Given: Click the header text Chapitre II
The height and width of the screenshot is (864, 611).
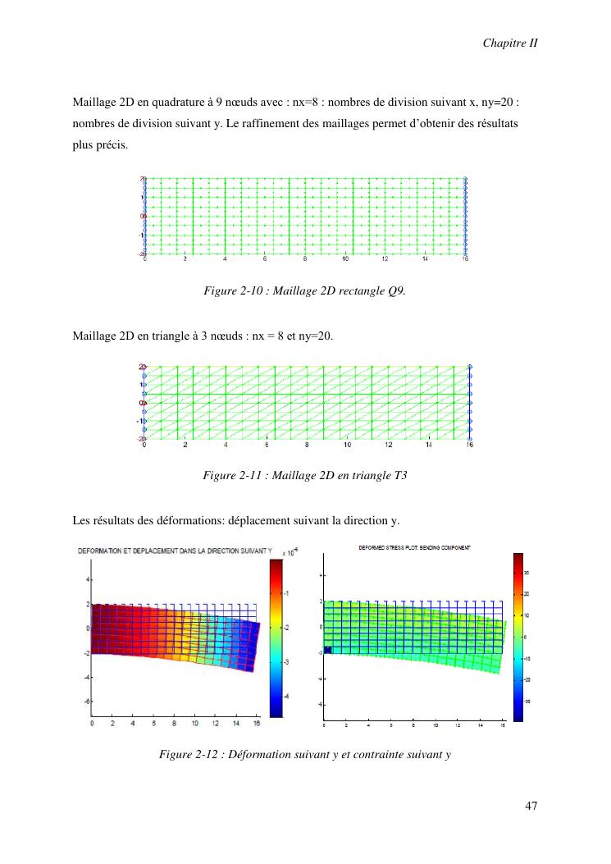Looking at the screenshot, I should pyautogui.click(x=509, y=43).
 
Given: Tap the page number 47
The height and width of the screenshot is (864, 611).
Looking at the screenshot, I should pyautogui.click(x=531, y=807).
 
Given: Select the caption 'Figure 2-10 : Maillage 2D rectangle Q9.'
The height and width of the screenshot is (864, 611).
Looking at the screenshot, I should pyautogui.click(x=304, y=290).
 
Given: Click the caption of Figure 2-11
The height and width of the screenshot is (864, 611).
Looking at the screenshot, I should pyautogui.click(x=304, y=474).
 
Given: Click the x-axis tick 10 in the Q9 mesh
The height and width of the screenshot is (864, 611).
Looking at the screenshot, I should pyautogui.click(x=345, y=258).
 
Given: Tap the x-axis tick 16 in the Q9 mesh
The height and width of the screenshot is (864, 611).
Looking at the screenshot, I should pyautogui.click(x=465, y=258).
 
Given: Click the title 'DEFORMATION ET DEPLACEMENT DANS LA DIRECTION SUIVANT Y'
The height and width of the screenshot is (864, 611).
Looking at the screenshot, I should pyautogui.click(x=174, y=551).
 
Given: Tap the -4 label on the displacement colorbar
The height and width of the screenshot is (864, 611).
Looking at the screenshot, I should pyautogui.click(x=286, y=696).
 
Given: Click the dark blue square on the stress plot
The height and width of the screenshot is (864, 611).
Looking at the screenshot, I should pyautogui.click(x=327, y=650).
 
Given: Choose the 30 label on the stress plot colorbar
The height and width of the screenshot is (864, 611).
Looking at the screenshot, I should pyautogui.click(x=527, y=573).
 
